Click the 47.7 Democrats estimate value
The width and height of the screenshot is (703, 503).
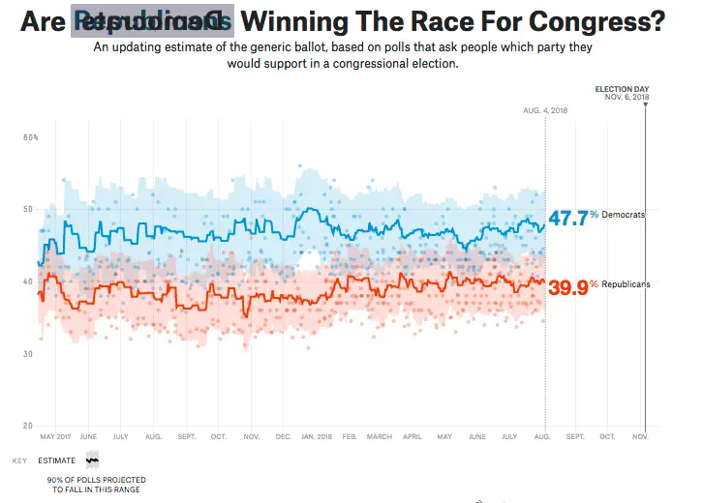click(x=568, y=218)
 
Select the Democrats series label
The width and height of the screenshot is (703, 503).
click(x=623, y=215)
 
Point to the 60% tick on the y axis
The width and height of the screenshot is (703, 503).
click(x=31, y=137)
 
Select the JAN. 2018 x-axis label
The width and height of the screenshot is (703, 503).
click(x=319, y=437)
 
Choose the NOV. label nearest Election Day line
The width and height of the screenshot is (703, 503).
click(x=640, y=437)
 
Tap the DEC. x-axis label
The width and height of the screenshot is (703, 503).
click(x=284, y=437)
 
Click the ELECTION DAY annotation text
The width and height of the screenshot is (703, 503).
click(x=622, y=89)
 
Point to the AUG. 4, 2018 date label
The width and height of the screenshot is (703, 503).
click(x=544, y=111)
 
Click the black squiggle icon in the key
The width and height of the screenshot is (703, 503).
click(x=93, y=460)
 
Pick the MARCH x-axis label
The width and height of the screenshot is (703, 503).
click(x=380, y=437)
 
